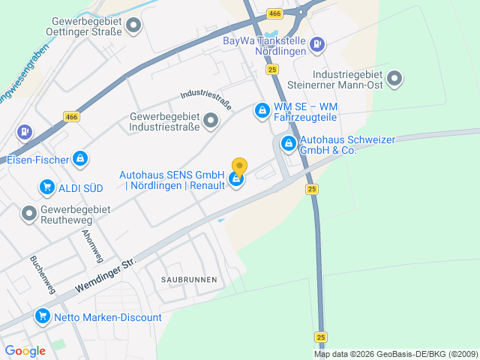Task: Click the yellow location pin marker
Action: pos(239,166)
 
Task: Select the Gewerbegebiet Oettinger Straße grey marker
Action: pos(134,26)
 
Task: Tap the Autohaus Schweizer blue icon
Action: pos(288,143)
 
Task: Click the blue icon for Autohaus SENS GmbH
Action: pos(237,180)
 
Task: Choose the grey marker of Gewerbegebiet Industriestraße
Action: pos(211,120)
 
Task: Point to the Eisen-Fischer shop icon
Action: pos(80,159)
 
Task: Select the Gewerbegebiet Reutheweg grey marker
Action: pos(29,214)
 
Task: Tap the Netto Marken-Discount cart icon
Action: pos(43,317)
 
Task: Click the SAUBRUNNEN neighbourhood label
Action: pos(189,279)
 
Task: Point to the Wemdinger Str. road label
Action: pos(106,275)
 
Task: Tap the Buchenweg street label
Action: pos(42,274)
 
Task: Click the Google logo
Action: pos(25,350)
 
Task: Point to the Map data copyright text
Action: pos(396,354)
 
